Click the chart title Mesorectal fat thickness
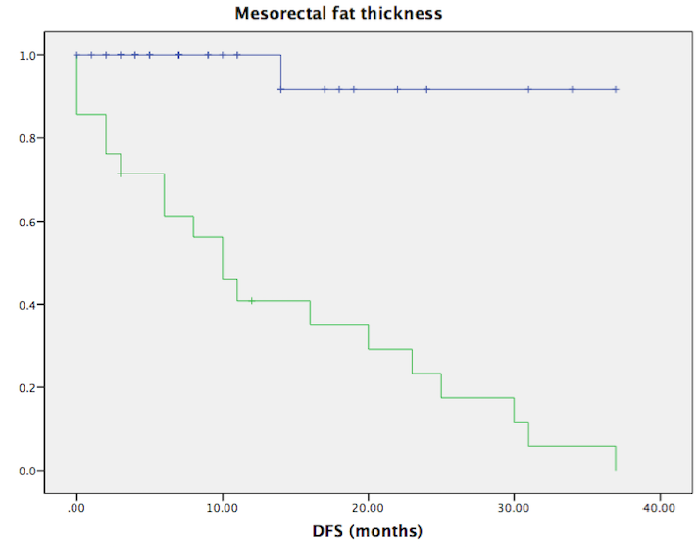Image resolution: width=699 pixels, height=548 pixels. [338, 14]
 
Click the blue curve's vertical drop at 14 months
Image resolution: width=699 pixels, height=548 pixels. [280, 73]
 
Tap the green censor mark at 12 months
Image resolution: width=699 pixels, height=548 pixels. [251, 300]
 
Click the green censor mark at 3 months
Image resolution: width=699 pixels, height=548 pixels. [121, 174]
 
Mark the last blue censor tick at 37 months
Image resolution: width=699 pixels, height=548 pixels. [616, 89]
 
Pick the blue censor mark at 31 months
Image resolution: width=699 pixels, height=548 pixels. [528, 89]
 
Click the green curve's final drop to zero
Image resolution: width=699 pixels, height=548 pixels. [616, 458]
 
